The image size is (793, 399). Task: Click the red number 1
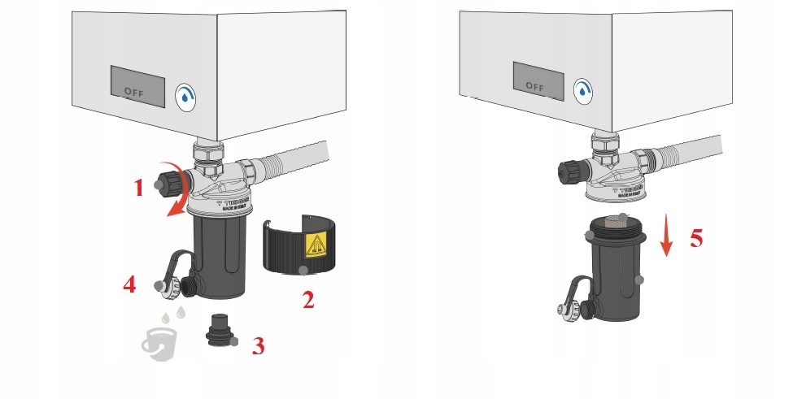(x=138, y=188)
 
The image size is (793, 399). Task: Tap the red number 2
(x=307, y=300)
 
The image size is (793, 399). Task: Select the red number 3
(x=258, y=346)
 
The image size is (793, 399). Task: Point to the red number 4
(x=129, y=285)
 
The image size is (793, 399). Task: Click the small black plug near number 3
(x=218, y=330)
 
